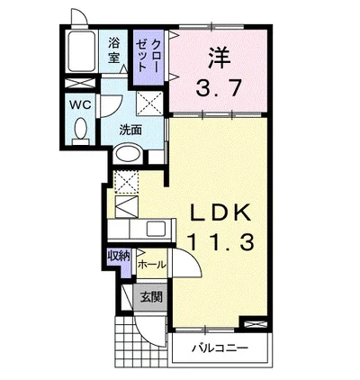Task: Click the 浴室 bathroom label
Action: pyautogui.click(x=114, y=50)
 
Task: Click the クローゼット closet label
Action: pyautogui.click(x=146, y=56)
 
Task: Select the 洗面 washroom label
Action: pyautogui.click(x=130, y=129)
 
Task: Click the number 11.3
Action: pyautogui.click(x=224, y=241)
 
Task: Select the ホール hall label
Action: pyautogui.click(x=151, y=266)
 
